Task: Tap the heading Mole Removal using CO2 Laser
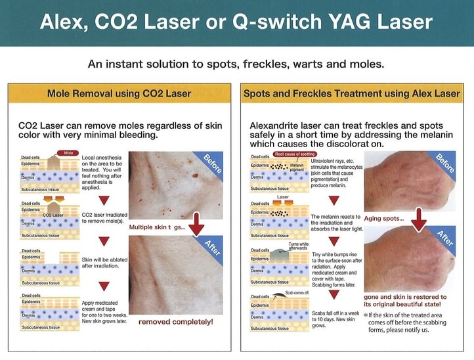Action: tap(119, 93)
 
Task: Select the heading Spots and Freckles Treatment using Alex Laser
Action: tap(352, 93)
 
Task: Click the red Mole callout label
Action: tap(68, 153)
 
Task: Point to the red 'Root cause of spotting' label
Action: tap(295, 154)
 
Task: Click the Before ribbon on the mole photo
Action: tap(211, 165)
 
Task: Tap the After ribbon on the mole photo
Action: tap(211, 249)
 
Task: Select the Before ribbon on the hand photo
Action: tap(444, 164)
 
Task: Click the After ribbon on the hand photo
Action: tap(444, 239)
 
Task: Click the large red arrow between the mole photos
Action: tap(196, 225)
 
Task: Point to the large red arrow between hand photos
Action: tap(419, 220)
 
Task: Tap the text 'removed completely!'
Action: tap(176, 322)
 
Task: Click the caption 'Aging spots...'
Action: tap(384, 218)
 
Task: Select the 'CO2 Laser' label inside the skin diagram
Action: tap(53, 215)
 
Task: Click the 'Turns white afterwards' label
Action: tap(298, 246)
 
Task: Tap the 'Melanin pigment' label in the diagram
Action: tap(297, 168)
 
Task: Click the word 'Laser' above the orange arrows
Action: tap(283, 197)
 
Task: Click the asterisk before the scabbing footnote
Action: tap(365, 315)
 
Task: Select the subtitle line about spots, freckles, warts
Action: tap(236, 64)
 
